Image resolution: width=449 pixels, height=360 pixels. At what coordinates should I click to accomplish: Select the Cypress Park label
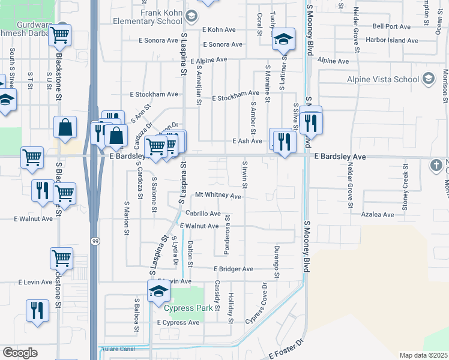click(188, 308)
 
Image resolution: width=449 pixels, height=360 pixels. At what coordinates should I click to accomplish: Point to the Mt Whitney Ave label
click(218, 196)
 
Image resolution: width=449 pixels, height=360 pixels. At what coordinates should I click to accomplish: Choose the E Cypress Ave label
click(178, 322)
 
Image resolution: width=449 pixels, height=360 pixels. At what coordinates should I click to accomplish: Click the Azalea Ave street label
click(378, 214)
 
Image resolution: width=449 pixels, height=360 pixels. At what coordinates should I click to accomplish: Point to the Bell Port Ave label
click(391, 26)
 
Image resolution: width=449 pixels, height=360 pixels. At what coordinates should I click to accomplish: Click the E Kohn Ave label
click(220, 29)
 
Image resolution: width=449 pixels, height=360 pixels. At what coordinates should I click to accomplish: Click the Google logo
click(20, 352)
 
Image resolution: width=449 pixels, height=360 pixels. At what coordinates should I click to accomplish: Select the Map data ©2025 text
click(423, 355)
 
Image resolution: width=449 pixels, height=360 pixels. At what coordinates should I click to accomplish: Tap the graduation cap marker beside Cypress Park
click(158, 292)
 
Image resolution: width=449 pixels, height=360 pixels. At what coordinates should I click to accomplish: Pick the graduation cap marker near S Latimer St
click(283, 40)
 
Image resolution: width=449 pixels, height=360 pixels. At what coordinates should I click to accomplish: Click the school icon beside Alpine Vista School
click(428, 79)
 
